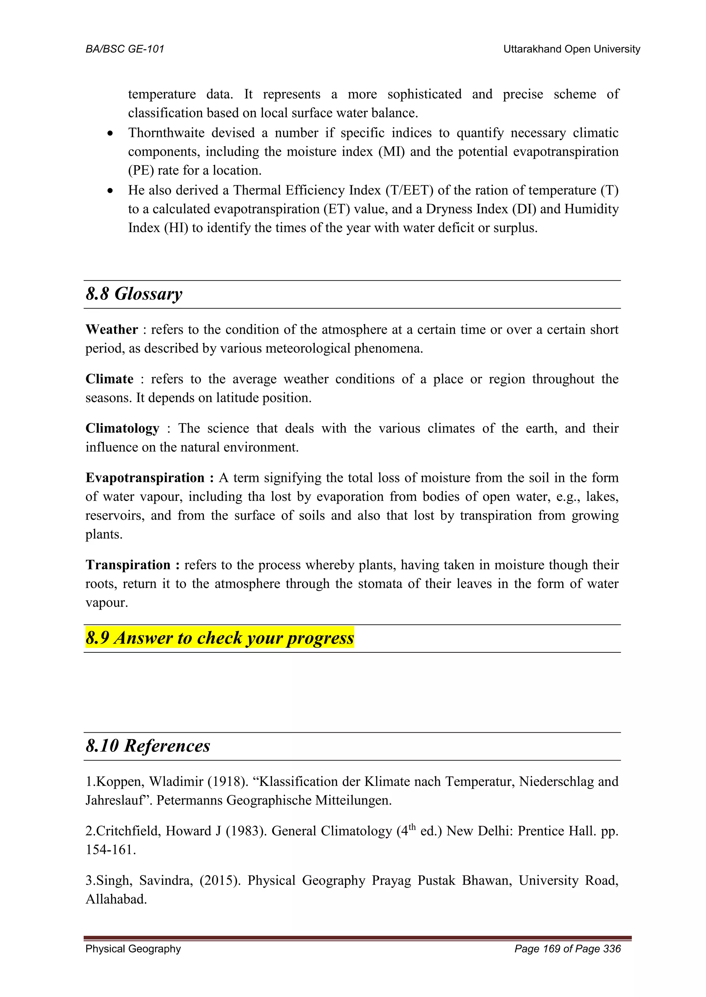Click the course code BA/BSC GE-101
coord(125,49)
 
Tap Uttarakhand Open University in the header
coord(571,49)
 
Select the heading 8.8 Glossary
coord(134,294)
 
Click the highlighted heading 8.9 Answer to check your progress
coord(220,638)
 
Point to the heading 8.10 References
coord(148,746)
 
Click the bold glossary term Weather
coord(112,329)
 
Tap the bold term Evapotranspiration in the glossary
coord(145,477)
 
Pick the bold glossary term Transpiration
coord(128,565)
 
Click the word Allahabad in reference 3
coord(116,899)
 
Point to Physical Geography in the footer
coord(133,949)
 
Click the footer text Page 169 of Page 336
coord(567,949)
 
